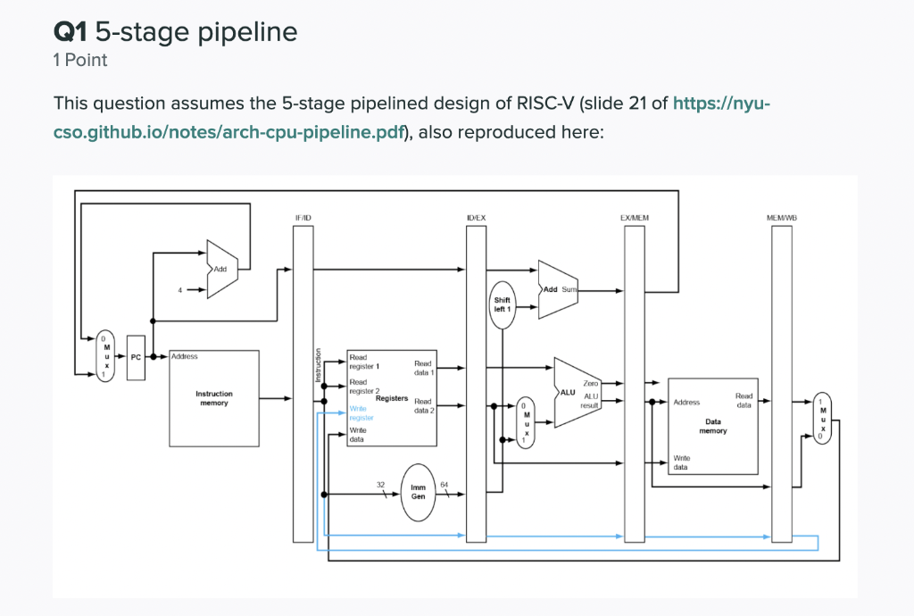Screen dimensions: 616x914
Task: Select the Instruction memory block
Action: [x=213, y=398]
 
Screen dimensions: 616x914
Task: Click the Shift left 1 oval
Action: [x=502, y=304]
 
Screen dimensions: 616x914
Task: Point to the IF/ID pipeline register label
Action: [x=303, y=218]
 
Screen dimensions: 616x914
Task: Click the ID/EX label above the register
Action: [x=476, y=218]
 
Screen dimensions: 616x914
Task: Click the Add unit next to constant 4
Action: [x=220, y=269]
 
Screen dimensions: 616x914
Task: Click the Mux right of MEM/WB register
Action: [x=822, y=417]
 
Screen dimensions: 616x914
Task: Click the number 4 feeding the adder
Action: [x=179, y=290]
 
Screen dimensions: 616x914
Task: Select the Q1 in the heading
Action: [x=71, y=33]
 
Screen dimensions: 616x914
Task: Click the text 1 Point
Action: [x=80, y=60]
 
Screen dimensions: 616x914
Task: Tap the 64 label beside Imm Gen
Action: [x=444, y=485]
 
